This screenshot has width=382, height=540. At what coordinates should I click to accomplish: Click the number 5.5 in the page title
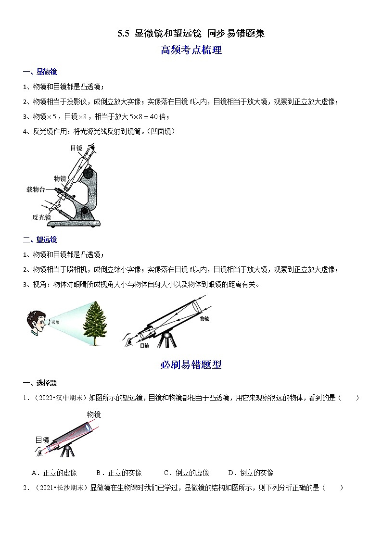tap(124, 34)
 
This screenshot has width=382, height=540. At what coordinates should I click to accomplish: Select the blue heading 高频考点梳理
tap(191, 50)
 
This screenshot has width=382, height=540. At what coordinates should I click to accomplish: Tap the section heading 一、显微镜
tap(40, 72)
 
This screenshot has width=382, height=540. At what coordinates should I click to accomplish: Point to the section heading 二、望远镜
tap(40, 239)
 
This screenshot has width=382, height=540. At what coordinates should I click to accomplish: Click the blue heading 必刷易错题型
tap(191, 365)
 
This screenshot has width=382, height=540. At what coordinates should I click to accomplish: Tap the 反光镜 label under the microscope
tap(41, 217)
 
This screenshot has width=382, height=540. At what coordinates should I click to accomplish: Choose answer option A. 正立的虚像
tap(54, 473)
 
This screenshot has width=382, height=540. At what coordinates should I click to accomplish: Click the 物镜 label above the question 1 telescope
tap(94, 414)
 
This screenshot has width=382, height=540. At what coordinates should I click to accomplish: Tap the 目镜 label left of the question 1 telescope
tap(42, 440)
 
